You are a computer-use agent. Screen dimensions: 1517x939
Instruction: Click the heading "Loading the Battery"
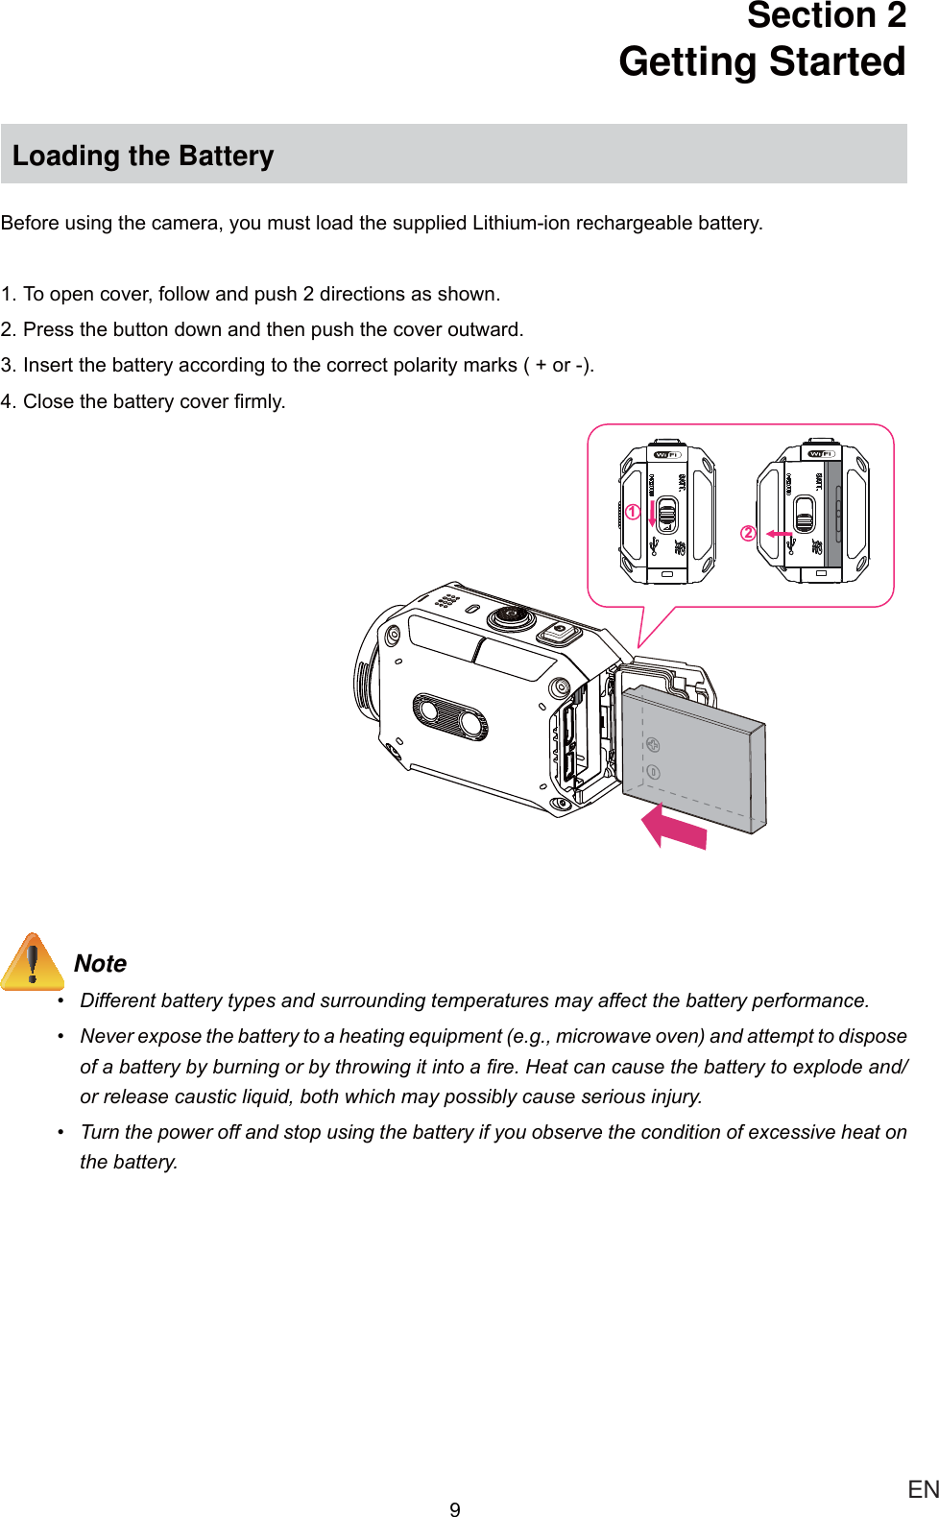pos(143,156)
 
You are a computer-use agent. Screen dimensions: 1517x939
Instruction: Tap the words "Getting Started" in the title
pos(761,61)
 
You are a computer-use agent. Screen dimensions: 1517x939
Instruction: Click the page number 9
pos(455,1509)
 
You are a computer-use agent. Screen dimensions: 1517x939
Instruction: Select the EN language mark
pos(923,1489)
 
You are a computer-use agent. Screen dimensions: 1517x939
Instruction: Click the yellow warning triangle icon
pos(33,961)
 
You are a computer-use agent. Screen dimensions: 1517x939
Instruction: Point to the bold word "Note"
pos(100,963)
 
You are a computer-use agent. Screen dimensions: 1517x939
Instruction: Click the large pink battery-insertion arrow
pos(674,827)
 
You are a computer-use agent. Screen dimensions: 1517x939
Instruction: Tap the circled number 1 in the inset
pos(633,512)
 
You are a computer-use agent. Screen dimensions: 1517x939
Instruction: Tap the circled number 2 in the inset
pos(748,533)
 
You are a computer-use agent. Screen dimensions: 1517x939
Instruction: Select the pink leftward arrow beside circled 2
pos(779,534)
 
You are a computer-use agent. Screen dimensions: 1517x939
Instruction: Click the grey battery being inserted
pos(694,758)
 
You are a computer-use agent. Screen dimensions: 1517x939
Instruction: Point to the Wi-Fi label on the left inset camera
pos(666,454)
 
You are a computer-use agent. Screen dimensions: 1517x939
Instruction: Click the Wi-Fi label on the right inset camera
pos(821,453)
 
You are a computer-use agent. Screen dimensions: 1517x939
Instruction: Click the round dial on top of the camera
pos(512,615)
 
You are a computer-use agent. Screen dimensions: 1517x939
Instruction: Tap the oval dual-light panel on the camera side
pos(449,716)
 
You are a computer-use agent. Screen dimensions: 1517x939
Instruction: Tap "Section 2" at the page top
pos(826,16)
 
